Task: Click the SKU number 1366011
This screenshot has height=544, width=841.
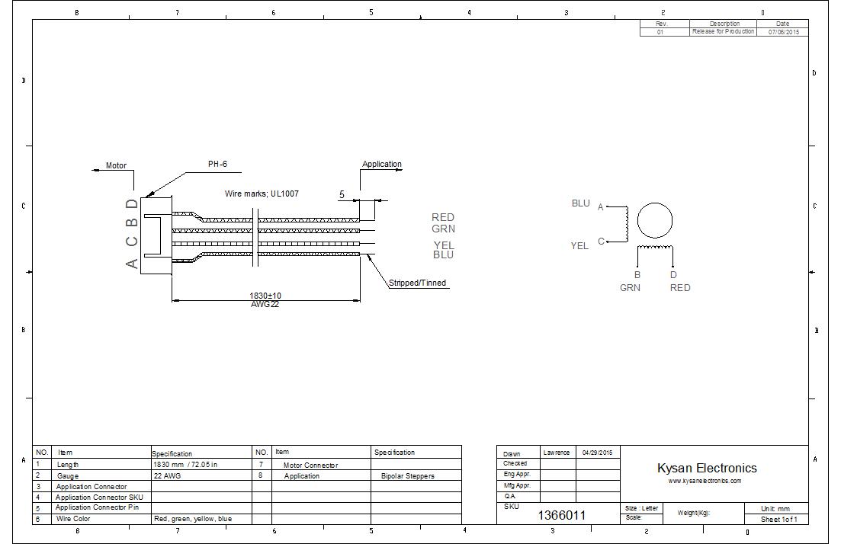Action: (562, 515)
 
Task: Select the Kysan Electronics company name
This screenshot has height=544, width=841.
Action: (707, 468)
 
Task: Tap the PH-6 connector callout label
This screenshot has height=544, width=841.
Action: (217, 164)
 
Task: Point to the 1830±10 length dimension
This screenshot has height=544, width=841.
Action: (265, 295)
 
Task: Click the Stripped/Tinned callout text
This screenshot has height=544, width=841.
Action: (417, 283)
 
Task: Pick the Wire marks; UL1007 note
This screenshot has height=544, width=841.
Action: (262, 194)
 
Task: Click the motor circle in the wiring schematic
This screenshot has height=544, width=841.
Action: (654, 220)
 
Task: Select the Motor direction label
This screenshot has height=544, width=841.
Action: (116, 165)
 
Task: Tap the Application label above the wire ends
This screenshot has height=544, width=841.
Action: (381, 164)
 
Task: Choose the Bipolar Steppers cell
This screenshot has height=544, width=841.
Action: (407, 475)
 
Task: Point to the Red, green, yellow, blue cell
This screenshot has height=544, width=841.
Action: (192, 519)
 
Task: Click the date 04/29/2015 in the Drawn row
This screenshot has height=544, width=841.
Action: (597, 453)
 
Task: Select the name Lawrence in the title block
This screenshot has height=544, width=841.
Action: (557, 453)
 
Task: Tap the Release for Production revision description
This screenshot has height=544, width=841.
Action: (723, 32)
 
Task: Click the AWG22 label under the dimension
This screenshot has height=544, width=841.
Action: (265, 304)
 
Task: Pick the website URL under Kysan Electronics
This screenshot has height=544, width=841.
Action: (705, 481)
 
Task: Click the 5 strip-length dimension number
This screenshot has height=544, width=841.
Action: (342, 194)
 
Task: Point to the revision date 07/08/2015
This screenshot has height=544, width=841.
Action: (783, 32)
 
